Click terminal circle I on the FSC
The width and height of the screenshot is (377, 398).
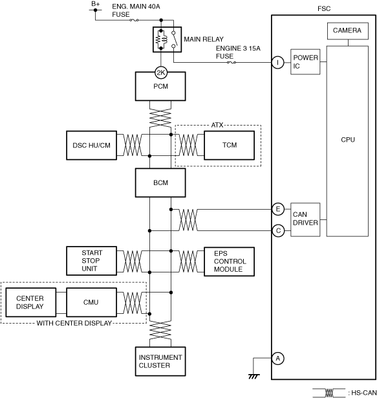pos(278,62)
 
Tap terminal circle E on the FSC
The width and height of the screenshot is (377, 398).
pos(278,209)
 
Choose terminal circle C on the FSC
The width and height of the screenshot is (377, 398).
pos(278,231)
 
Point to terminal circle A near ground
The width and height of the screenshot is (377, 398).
pos(278,359)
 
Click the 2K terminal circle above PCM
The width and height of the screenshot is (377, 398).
pos(161,73)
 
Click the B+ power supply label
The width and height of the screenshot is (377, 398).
pos(96,4)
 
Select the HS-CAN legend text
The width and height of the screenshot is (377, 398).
pos(362,393)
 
